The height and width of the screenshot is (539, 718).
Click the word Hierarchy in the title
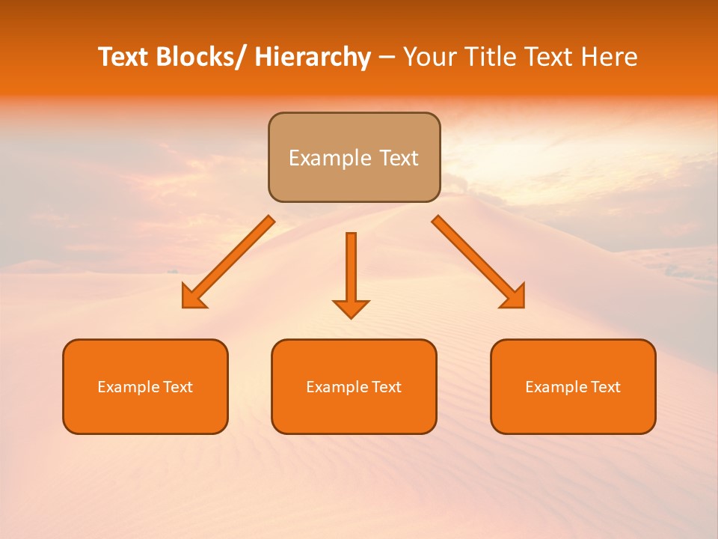pyautogui.click(x=313, y=57)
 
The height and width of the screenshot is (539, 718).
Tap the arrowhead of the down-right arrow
pyautogui.click(x=515, y=299)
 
